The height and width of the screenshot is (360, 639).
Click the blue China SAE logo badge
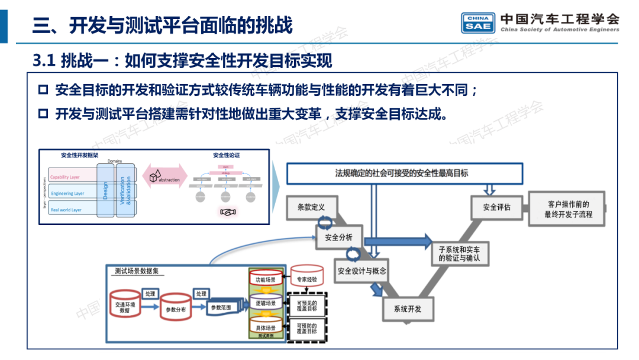(478, 22)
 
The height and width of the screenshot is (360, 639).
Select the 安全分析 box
(338, 237)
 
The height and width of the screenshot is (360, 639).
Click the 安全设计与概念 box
(362, 271)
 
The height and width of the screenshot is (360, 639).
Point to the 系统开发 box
(407, 308)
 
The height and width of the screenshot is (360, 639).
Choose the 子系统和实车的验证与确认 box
(459, 254)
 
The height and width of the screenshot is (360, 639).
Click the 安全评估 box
(496, 207)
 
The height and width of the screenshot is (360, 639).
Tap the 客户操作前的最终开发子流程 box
(567, 208)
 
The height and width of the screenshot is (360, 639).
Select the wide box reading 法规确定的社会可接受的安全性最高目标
(405, 173)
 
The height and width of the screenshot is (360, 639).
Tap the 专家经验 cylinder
(306, 278)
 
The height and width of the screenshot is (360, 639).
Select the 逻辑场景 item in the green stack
(265, 303)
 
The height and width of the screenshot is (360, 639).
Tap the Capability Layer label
(65, 177)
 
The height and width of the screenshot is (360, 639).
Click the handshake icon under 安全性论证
(227, 211)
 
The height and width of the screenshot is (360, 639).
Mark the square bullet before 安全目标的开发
(43, 90)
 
